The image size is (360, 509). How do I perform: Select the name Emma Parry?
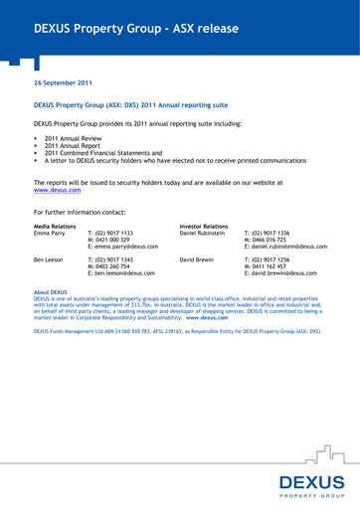pyautogui.click(x=51, y=234)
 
